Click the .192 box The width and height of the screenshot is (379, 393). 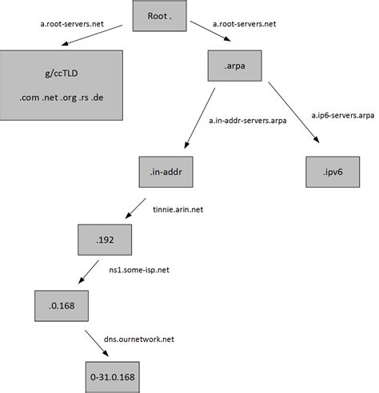coord(102,238)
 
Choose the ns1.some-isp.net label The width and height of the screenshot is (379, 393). coord(139,271)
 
